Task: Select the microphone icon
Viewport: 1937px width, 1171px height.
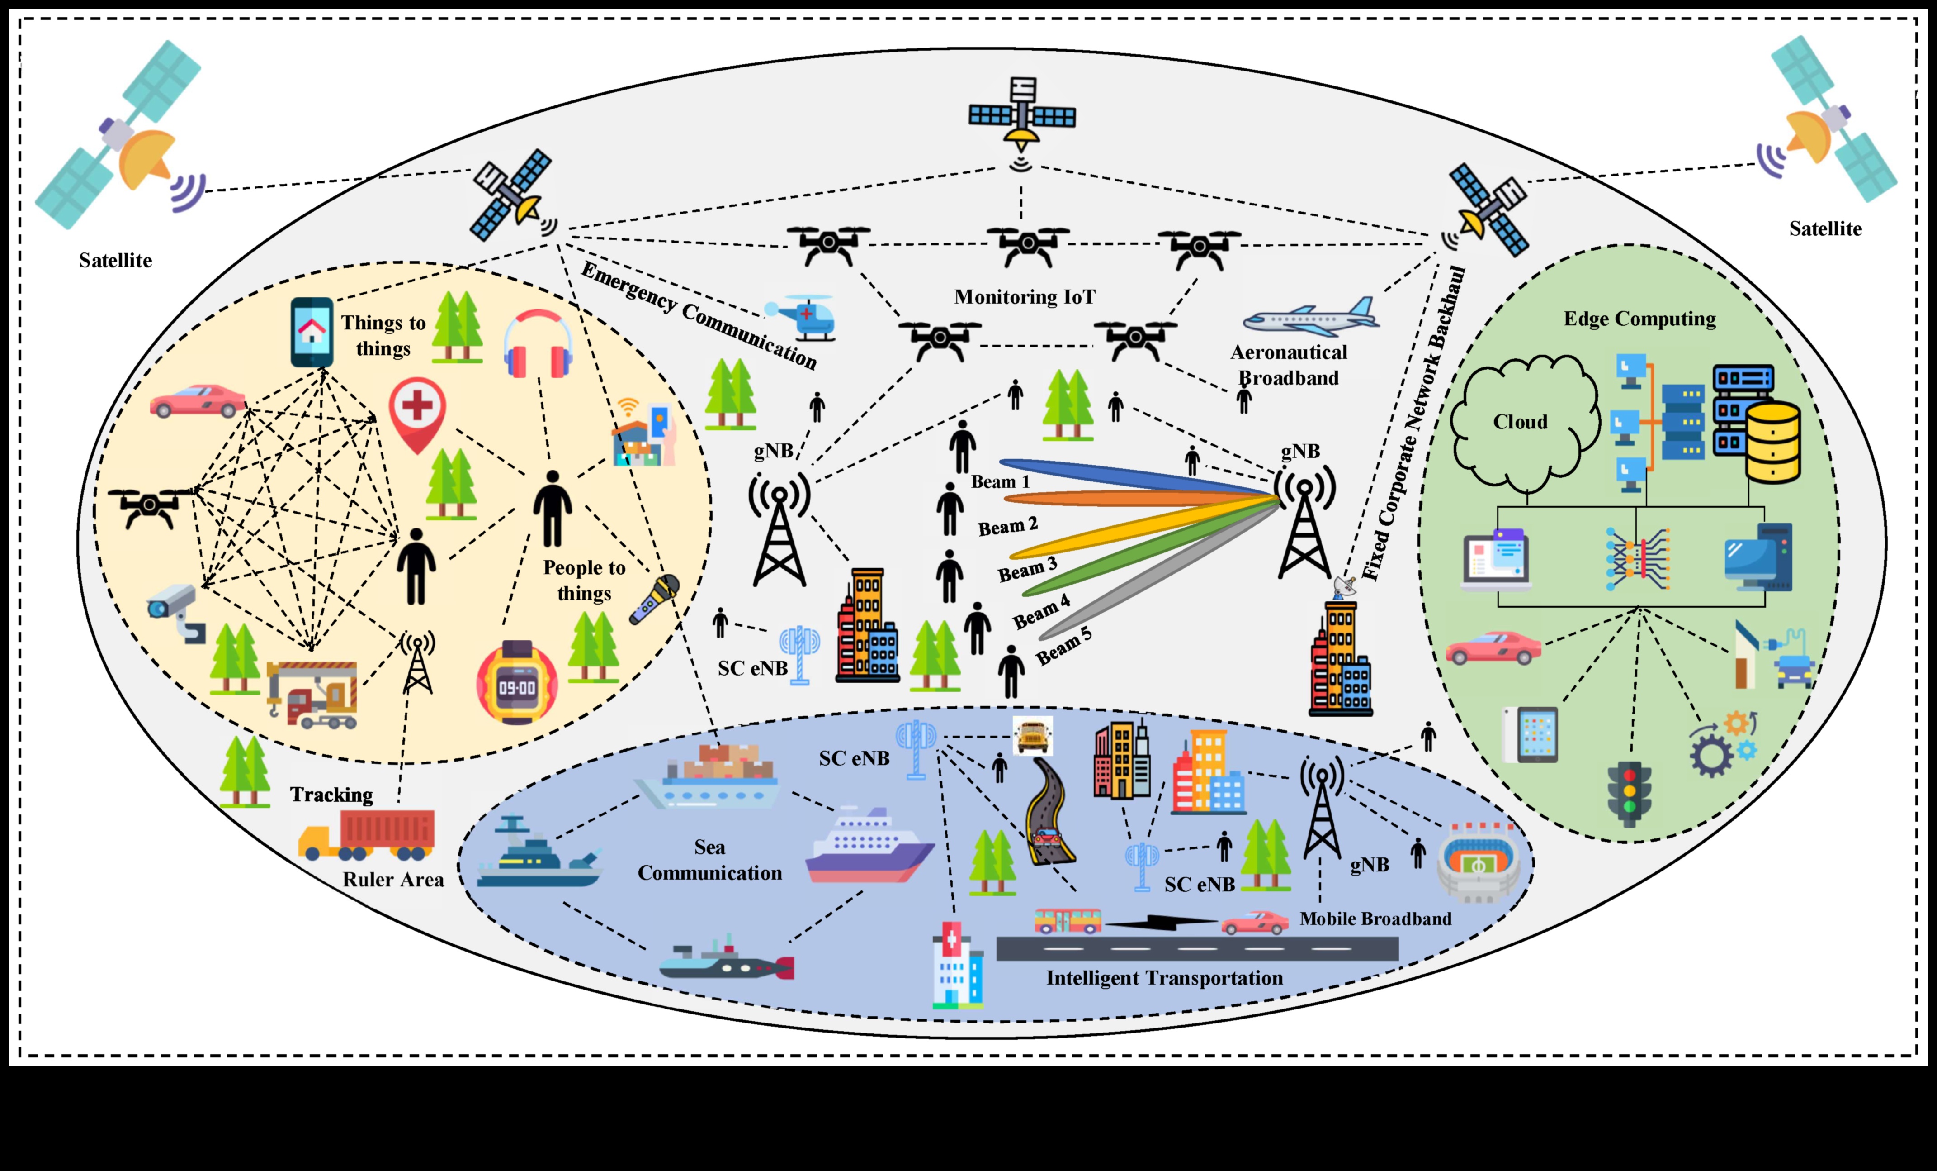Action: pyautogui.click(x=654, y=599)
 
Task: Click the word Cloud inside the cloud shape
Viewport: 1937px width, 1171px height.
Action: pyautogui.click(x=1520, y=422)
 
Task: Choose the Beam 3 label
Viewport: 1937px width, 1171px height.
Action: pyautogui.click(x=1027, y=569)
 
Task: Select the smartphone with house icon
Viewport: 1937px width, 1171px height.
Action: pyautogui.click(x=311, y=332)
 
